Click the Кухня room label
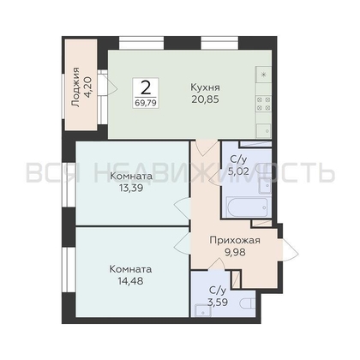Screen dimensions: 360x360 tap(205, 87)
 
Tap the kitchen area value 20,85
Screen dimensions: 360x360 tap(205, 99)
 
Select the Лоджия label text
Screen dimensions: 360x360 tap(75, 87)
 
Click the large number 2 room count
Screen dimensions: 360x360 tap(146, 87)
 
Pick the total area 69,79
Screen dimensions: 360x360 tap(146, 103)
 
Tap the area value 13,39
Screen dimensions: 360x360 tap(131, 188)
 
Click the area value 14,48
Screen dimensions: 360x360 tap(130, 281)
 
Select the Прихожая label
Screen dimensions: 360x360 tap(235, 241)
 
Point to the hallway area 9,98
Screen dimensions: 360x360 tap(235, 252)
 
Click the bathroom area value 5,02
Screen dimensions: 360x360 tap(238, 171)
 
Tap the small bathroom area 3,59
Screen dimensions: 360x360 tap(218, 303)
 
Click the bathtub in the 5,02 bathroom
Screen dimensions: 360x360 tap(248, 207)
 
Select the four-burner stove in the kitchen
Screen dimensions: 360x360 tap(263, 104)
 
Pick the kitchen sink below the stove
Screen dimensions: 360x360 tap(263, 131)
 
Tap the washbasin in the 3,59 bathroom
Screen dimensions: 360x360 tap(203, 310)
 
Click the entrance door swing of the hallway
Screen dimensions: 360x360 tap(289, 250)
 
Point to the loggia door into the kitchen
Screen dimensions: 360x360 tap(108, 83)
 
